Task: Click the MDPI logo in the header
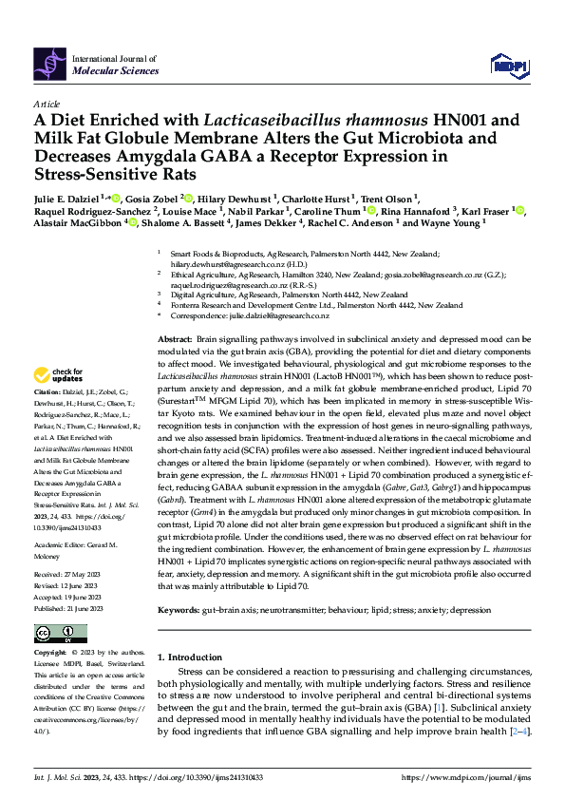[507, 64]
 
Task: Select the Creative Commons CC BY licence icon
[49, 634]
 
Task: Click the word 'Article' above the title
[45, 102]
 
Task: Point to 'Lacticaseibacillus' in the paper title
[264, 121]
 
